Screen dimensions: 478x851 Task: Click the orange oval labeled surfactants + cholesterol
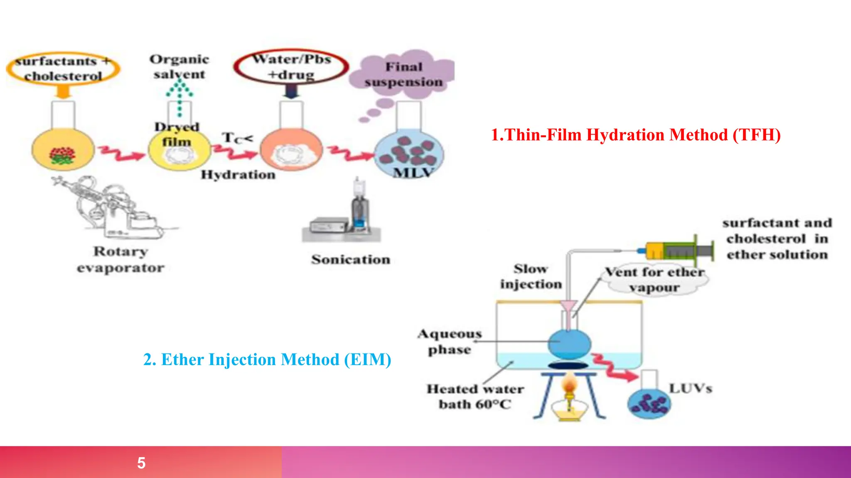(x=63, y=68)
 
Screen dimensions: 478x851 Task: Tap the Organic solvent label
(x=179, y=67)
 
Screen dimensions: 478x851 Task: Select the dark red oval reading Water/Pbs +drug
(x=291, y=66)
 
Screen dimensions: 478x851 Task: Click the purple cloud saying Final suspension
(x=402, y=75)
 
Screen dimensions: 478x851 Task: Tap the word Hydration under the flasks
(x=238, y=175)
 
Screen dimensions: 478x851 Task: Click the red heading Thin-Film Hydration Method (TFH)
(x=636, y=135)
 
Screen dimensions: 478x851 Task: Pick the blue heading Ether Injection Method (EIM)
(x=267, y=359)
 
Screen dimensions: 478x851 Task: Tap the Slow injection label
(x=531, y=276)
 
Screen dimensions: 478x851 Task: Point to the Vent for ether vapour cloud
(x=655, y=280)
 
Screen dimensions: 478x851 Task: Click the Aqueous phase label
(x=450, y=341)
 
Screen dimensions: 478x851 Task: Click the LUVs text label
(x=690, y=388)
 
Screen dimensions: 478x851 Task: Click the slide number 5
(x=141, y=463)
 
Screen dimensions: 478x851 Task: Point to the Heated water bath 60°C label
(x=475, y=396)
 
